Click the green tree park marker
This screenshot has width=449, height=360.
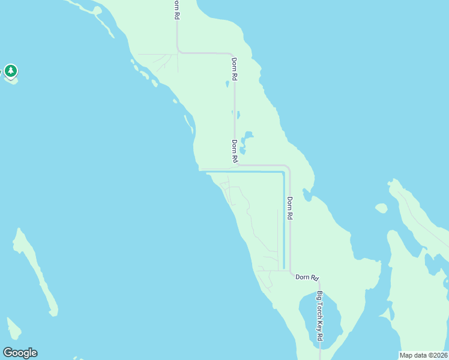coord(10,71)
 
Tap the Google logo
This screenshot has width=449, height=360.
coord(20,353)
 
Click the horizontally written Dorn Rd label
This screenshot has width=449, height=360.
coord(306,277)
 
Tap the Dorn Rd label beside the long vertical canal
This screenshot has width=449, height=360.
coord(289,208)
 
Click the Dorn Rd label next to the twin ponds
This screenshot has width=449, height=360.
coord(235,151)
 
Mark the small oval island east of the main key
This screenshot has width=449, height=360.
coord(381,208)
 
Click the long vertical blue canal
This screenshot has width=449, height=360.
coord(283,222)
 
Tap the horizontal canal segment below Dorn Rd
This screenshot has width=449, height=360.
coord(252,172)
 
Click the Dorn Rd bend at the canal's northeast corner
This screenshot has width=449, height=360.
coord(288,168)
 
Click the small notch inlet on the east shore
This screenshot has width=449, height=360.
coord(307,194)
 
